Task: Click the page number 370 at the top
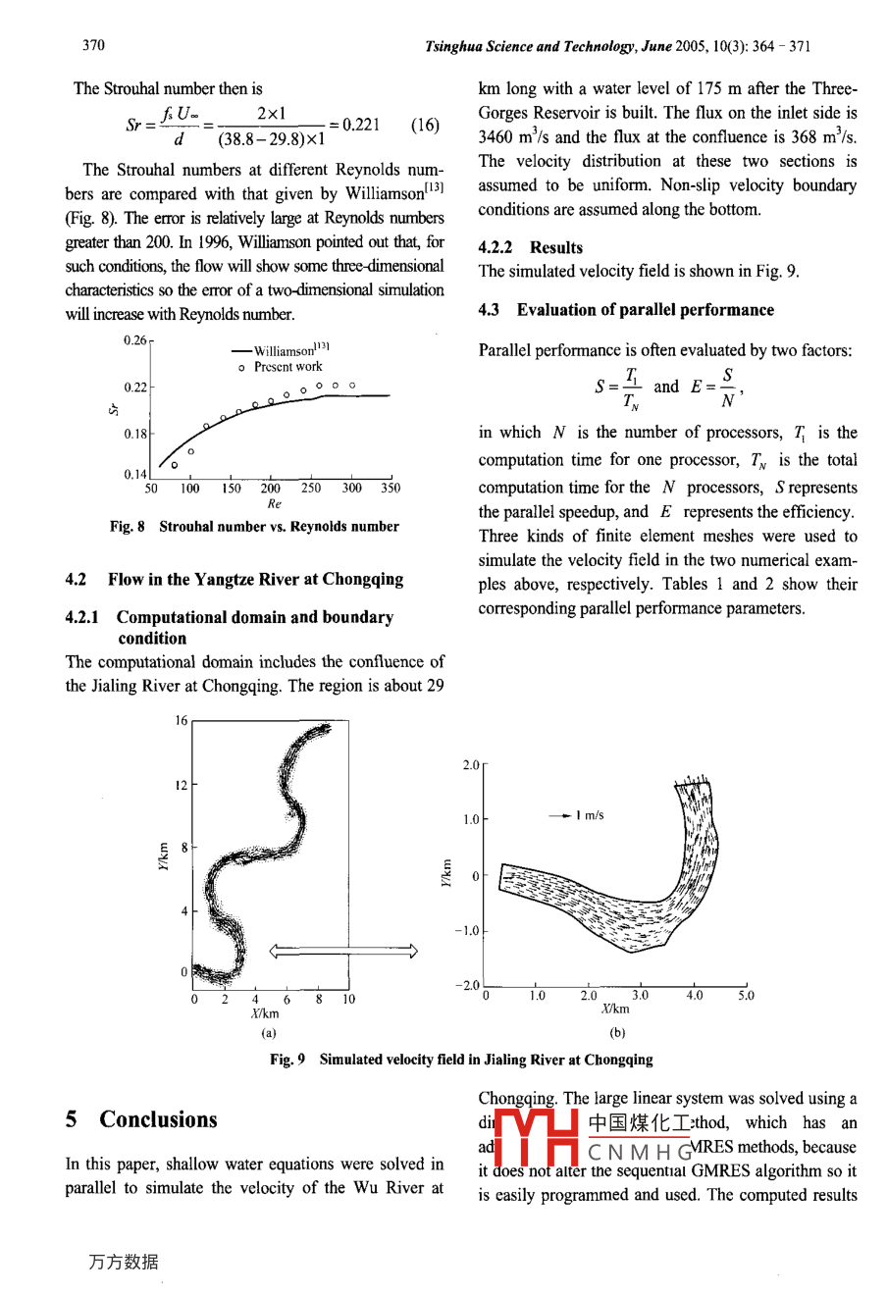click(x=93, y=45)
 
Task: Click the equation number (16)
click(x=425, y=125)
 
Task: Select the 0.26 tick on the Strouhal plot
click(x=135, y=340)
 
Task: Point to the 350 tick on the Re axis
click(x=391, y=488)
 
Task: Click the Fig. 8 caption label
click(x=128, y=527)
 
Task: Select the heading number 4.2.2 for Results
click(x=496, y=247)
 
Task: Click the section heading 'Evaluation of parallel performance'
click(x=646, y=310)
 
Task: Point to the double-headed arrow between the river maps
click(x=343, y=950)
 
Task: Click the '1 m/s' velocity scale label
click(x=590, y=815)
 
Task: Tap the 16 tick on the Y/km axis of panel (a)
click(x=182, y=721)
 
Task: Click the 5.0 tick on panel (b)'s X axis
click(x=747, y=996)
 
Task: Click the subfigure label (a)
click(x=268, y=1032)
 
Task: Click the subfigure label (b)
click(x=617, y=1032)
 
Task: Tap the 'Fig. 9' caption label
click(x=287, y=1060)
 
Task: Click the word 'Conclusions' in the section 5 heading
click(x=158, y=1119)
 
